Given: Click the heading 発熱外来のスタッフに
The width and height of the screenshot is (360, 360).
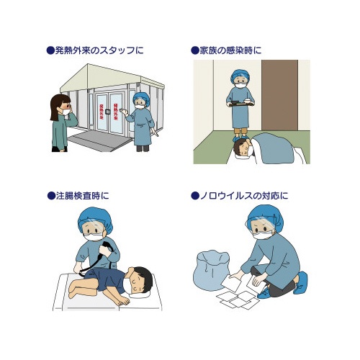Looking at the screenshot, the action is pos(99,50).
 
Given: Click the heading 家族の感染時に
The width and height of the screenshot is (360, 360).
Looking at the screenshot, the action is pos(230,50).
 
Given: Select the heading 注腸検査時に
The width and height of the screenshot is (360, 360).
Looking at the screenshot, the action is pos(82,196).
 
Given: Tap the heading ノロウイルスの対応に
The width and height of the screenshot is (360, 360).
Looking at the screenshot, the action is pos(244,196).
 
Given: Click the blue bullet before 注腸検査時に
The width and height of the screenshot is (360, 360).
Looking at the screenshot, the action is pos(51,196).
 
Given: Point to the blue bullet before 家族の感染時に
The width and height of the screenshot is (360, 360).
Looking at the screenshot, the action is pos(195,50).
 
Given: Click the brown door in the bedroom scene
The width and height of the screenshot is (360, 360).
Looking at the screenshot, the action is pos(279,95).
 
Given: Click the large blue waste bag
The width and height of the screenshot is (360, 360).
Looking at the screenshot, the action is pos(211,270).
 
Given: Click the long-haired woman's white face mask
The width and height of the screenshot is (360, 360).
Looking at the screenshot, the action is pos(66,112).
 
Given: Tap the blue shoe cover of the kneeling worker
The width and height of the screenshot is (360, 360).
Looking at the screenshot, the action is pos(301,283).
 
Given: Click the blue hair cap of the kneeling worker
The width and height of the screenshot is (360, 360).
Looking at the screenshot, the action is pos(265,215).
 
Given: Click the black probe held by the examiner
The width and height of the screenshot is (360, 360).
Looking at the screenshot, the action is pos(99,259).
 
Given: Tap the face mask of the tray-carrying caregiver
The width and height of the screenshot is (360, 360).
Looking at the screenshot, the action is pos(240,85).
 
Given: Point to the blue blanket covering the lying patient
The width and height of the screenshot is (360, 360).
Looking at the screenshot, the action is pos(274,148).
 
